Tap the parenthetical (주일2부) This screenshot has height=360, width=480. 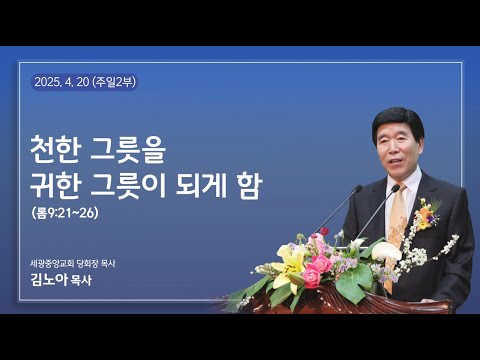pos(113,82)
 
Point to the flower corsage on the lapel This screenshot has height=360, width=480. pos(428,212)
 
